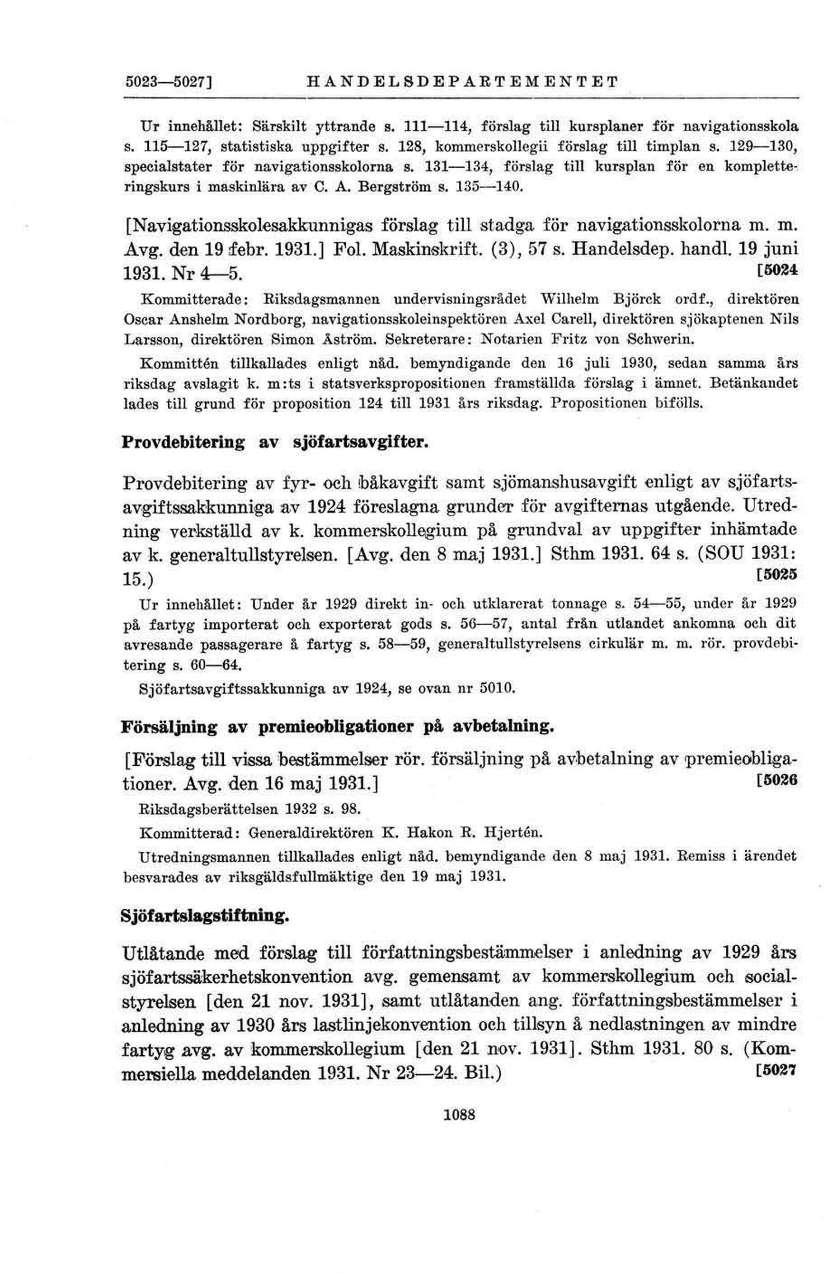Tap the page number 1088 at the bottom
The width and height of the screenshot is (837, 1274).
click(x=459, y=1115)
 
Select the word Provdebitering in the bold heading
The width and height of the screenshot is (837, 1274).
click(x=183, y=443)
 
